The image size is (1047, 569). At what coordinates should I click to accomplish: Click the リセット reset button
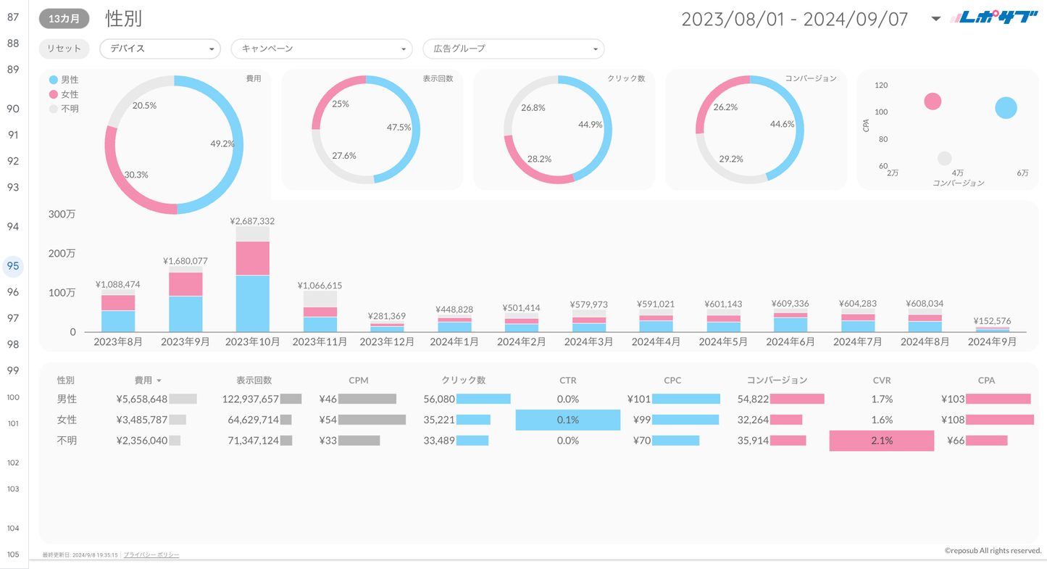pos(64,49)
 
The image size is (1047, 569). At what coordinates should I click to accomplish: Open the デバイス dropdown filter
pos(159,49)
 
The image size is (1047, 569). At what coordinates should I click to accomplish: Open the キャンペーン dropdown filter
pos(321,49)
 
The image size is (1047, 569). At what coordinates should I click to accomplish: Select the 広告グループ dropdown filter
pos(513,49)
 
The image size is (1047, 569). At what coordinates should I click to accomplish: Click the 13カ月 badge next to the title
pos(64,19)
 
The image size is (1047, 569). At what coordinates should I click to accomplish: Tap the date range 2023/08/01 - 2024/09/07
pos(795,19)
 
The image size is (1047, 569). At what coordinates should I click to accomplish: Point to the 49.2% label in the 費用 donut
pos(222,144)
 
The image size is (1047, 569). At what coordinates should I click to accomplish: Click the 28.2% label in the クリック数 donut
pos(539,159)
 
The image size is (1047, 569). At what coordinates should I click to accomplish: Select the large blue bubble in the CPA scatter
pos(1006,108)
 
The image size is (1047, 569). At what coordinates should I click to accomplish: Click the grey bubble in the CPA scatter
pos(944,158)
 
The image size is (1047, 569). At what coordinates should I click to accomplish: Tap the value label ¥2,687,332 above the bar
pos(252,221)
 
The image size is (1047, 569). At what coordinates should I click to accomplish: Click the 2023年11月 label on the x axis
pos(320,341)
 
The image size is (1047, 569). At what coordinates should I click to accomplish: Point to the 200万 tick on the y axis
pos(62,254)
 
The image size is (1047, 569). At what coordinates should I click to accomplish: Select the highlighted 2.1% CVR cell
pos(881,441)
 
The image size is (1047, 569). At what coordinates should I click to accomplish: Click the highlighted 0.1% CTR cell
pos(567,420)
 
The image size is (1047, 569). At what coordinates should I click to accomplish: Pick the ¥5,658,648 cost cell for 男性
pos(142,399)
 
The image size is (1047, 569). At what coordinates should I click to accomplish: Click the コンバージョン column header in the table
pos(777,380)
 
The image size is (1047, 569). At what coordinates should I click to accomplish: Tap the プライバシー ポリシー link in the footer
pos(151,555)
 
